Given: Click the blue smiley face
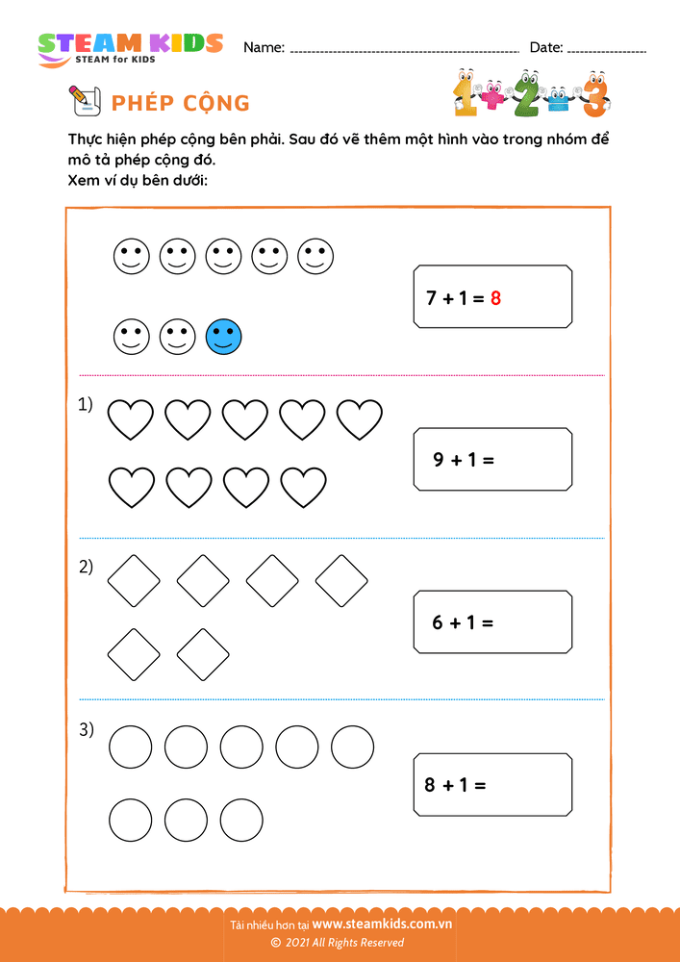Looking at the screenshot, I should (x=224, y=337).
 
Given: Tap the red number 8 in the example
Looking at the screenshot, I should (x=495, y=298).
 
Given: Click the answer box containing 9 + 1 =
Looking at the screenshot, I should (x=492, y=459).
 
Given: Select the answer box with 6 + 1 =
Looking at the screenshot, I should (x=492, y=621).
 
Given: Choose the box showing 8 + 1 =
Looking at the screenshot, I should (x=492, y=784).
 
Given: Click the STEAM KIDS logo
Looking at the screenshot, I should (x=130, y=48).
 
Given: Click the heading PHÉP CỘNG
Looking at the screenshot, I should (x=181, y=103).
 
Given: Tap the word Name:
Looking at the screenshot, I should (x=264, y=47).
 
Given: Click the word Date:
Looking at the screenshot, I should (x=545, y=47).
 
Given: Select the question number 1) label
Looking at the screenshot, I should (x=86, y=406).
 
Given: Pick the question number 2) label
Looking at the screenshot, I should (x=86, y=567).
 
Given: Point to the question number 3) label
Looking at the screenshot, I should (x=86, y=730).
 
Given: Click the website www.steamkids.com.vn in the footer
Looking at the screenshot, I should (x=382, y=924).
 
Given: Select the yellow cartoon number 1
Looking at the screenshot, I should (x=466, y=93).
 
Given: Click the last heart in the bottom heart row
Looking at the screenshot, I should (x=303, y=487).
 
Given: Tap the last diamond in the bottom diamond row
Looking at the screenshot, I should (x=203, y=654).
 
